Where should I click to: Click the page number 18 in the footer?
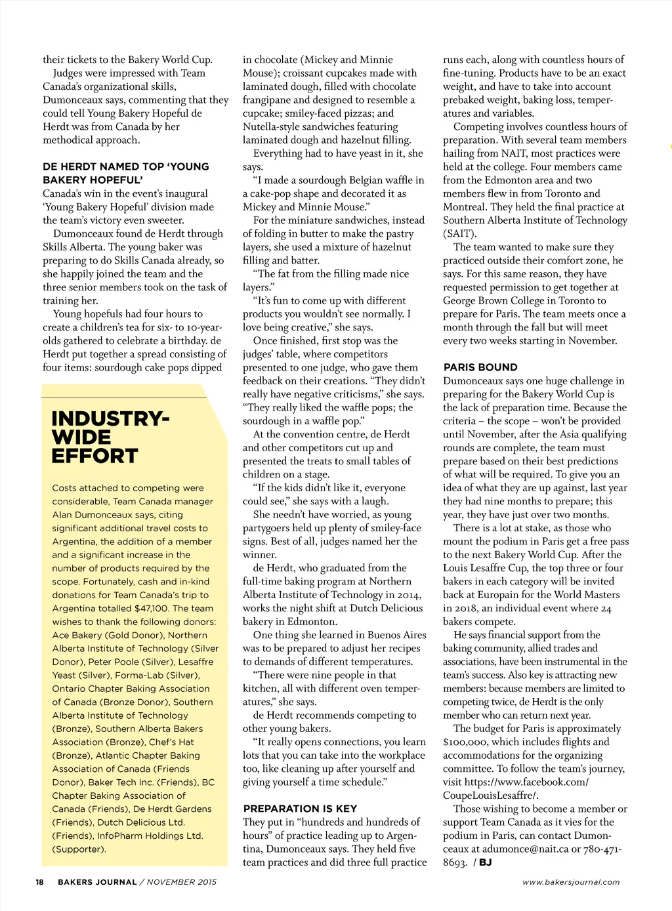click(40, 881)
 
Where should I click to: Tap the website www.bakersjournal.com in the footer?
click(571, 881)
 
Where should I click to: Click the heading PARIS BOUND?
click(480, 367)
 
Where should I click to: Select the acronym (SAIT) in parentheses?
click(460, 233)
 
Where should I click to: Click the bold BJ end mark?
click(485, 862)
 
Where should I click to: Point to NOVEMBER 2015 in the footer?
click(182, 881)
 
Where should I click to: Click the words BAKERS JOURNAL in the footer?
click(97, 881)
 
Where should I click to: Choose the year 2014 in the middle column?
click(408, 595)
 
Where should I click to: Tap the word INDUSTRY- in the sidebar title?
click(110, 418)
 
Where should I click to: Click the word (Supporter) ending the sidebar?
click(79, 849)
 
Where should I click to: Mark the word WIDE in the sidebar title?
click(81, 437)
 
